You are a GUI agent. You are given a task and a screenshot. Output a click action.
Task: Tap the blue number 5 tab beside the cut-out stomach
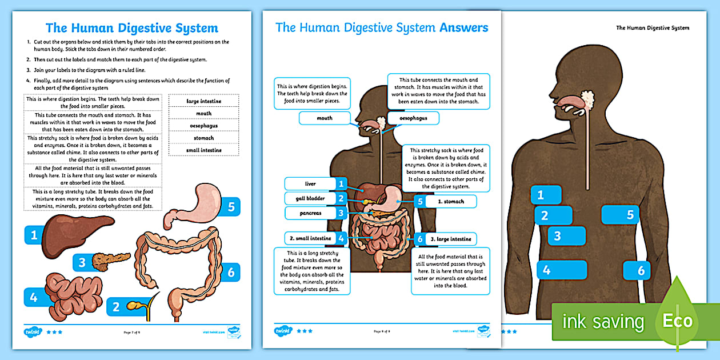[x=231, y=207]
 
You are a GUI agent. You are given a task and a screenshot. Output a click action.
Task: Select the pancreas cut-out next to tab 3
[x=111, y=262]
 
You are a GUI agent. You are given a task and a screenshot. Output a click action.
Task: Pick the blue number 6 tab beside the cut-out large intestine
[x=231, y=273]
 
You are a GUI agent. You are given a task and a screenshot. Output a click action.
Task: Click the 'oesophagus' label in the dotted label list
[x=204, y=126]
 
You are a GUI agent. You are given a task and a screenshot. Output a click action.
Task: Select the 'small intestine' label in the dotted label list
[x=204, y=150]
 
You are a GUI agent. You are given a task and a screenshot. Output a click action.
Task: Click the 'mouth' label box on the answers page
[x=324, y=118]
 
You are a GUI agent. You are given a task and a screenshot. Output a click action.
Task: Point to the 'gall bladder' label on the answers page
[x=310, y=198]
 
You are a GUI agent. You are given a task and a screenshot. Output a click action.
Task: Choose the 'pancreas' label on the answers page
[x=310, y=213]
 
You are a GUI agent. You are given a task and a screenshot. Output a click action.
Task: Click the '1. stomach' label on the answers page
[x=451, y=201]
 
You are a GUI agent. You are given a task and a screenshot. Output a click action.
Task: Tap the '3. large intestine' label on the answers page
[x=451, y=239]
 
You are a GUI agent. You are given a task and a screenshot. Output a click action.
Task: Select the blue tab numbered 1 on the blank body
[x=546, y=195]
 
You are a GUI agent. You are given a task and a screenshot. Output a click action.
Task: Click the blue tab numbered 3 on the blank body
[x=566, y=235]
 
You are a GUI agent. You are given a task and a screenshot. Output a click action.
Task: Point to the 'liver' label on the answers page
[x=310, y=183]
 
